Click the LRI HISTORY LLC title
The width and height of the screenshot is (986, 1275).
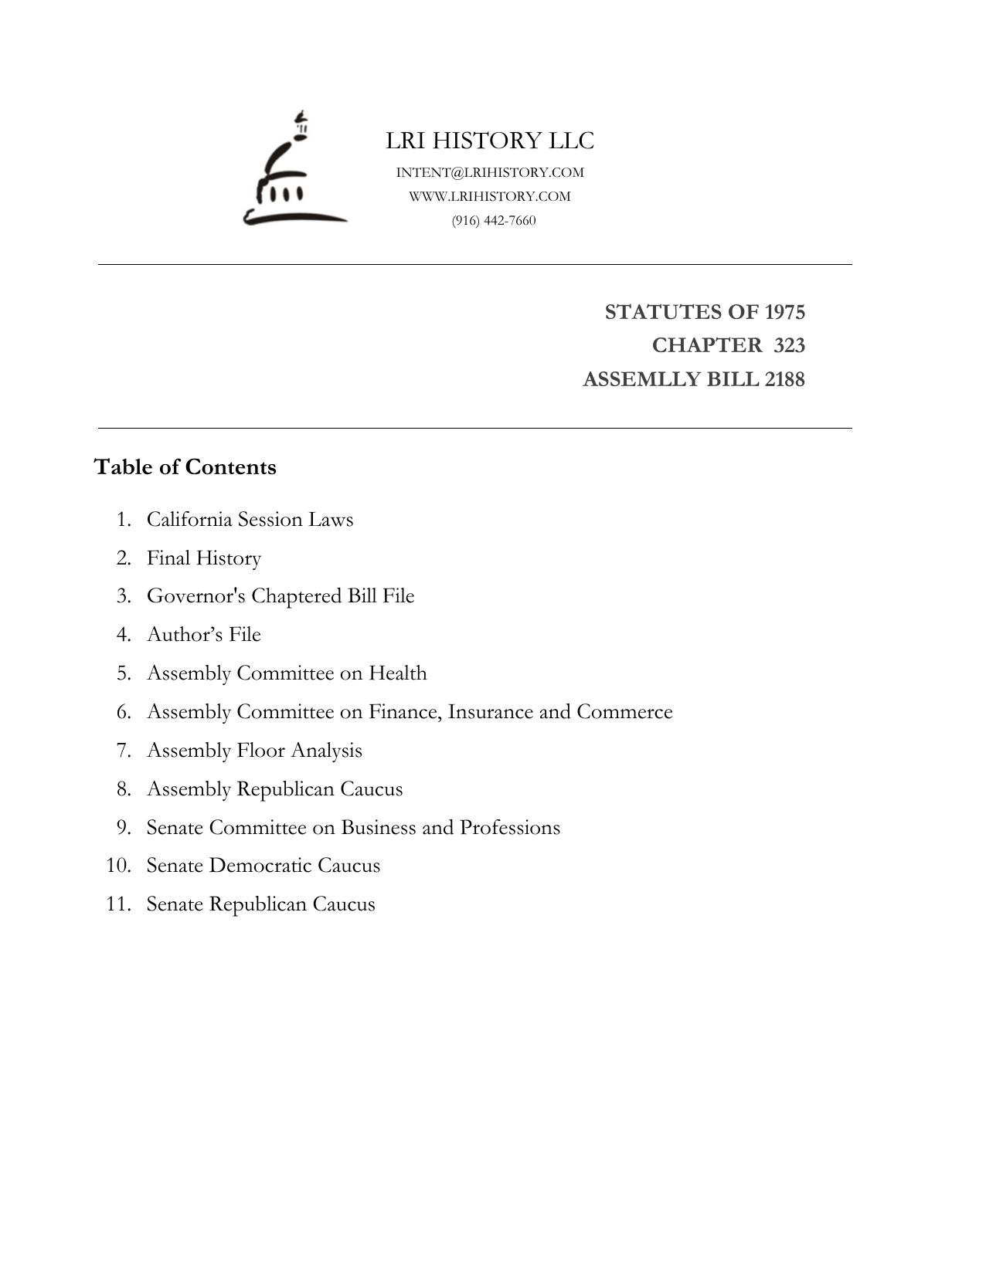pyautogui.click(x=490, y=141)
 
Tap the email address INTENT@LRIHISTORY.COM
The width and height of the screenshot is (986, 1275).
pyautogui.click(x=490, y=172)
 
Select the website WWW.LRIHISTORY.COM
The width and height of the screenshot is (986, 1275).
pyautogui.click(x=490, y=196)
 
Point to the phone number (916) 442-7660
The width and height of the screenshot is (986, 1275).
pyautogui.click(x=494, y=220)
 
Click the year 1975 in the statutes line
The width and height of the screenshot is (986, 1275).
pyautogui.click(x=784, y=312)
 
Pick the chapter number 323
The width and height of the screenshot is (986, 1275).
pyautogui.click(x=789, y=345)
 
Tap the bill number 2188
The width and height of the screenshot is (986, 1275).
pyautogui.click(x=784, y=379)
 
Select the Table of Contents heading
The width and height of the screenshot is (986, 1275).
pyautogui.click(x=185, y=467)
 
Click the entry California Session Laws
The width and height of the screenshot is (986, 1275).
pyautogui.click(x=250, y=519)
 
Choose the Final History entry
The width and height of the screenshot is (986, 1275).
pyautogui.click(x=204, y=558)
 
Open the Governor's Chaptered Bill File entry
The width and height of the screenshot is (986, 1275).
pyautogui.click(x=280, y=596)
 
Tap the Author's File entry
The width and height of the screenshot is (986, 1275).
pyautogui.click(x=204, y=634)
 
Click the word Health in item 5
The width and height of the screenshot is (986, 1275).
pyautogui.click(x=397, y=673)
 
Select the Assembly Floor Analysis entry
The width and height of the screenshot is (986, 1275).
pyautogui.click(x=254, y=750)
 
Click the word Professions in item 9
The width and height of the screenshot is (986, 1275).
pyautogui.click(x=510, y=827)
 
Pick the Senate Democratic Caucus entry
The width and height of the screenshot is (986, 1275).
pyautogui.click(x=263, y=865)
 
